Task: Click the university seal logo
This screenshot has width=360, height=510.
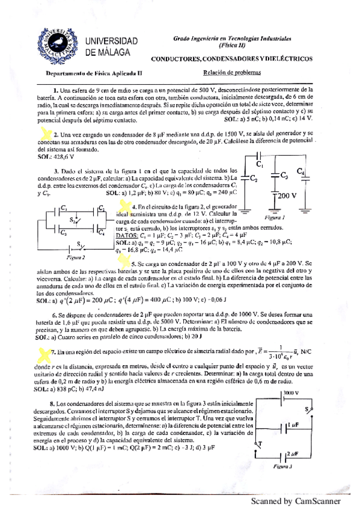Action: click(59, 43)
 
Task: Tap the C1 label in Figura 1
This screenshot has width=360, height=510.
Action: click(260, 164)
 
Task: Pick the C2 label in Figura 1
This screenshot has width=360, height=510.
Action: click(254, 179)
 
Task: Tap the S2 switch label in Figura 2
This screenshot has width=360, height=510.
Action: click(70, 220)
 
